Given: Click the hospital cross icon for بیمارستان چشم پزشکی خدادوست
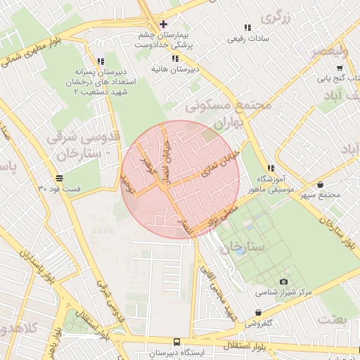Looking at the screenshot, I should click(x=163, y=24).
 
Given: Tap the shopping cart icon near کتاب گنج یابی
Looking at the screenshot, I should click(x=340, y=68).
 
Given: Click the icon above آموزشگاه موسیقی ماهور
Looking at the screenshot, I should click(x=270, y=168).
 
